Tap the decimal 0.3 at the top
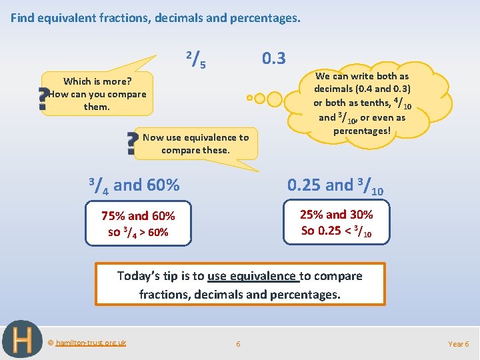pos(273,59)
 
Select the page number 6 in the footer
pos(238,344)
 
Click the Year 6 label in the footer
pos(458,344)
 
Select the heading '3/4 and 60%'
pos(134,185)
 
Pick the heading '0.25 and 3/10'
pos(335,185)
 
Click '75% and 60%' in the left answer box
pos(138,216)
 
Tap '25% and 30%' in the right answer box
pos(337,215)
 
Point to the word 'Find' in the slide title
pos(22,18)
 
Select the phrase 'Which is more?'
pos(97,81)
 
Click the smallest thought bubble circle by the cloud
pos(249,98)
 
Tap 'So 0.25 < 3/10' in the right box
pos(337,231)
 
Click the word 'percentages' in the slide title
pos(265,18)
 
